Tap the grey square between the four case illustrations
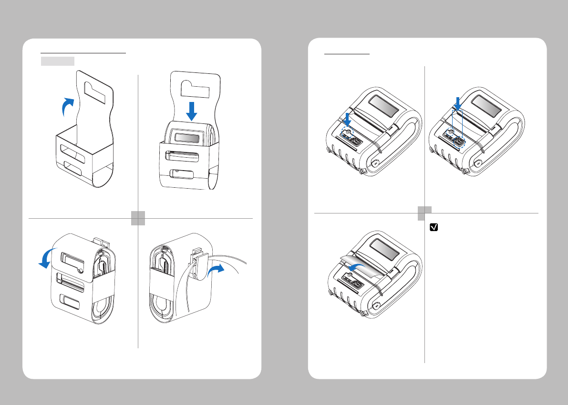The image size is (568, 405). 138,219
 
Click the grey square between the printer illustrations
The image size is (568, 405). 424,213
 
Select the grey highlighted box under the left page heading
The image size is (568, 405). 57,61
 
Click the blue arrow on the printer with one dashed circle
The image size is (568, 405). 347,120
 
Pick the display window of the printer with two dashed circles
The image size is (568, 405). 486,107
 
